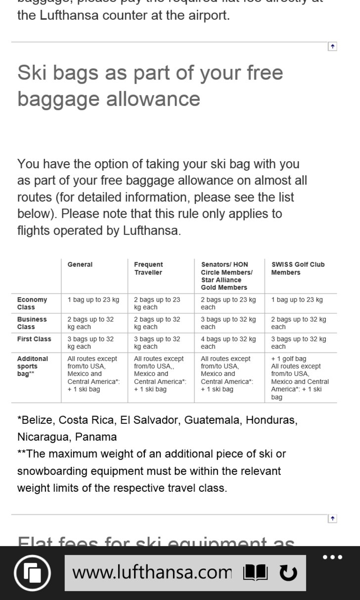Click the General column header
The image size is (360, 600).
80,265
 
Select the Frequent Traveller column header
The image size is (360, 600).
148,268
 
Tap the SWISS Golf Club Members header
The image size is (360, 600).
298,268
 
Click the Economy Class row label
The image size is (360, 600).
32,303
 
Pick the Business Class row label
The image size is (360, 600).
32,323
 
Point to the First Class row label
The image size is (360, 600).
34,339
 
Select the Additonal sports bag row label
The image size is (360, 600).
33,366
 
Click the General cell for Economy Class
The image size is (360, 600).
93,300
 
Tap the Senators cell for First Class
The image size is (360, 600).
228,343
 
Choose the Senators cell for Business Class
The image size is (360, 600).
228,323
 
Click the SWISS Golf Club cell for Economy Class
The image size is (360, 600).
297,300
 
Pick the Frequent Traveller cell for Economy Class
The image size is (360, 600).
157,303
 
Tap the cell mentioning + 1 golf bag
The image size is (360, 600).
300,378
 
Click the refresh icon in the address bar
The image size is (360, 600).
288,573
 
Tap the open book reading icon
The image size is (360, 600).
255,573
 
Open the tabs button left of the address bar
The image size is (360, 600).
33,573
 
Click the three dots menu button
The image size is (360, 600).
332,557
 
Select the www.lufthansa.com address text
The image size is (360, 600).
152,573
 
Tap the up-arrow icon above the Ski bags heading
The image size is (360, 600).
332,46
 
